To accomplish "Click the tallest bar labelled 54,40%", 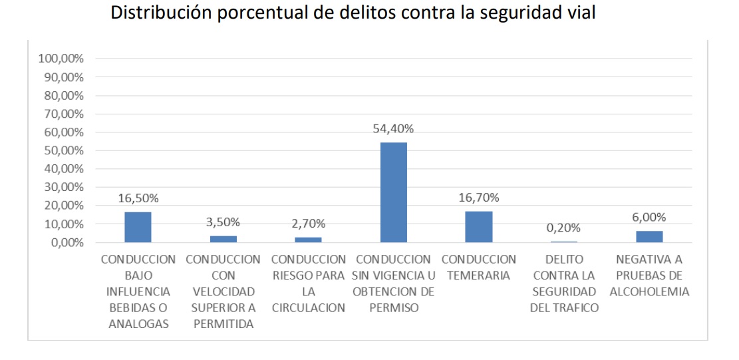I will pyautogui.click(x=394, y=192).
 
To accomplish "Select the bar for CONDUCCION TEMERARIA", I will pyautogui.click(x=479, y=227).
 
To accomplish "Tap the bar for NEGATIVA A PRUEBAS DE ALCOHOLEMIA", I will pyautogui.click(x=649, y=237).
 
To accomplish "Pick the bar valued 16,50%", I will pyautogui.click(x=138, y=227).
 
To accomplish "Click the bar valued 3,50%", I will pyautogui.click(x=223, y=239).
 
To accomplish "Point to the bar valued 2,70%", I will pyautogui.click(x=309, y=240).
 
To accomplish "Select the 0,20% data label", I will pyautogui.click(x=564, y=228).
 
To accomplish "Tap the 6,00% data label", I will pyautogui.click(x=649, y=218).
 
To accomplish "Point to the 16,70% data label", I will pyautogui.click(x=479, y=198).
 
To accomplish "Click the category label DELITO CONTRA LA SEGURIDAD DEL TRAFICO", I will pyautogui.click(x=564, y=283).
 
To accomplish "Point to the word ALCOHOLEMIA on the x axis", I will pyautogui.click(x=649, y=291).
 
